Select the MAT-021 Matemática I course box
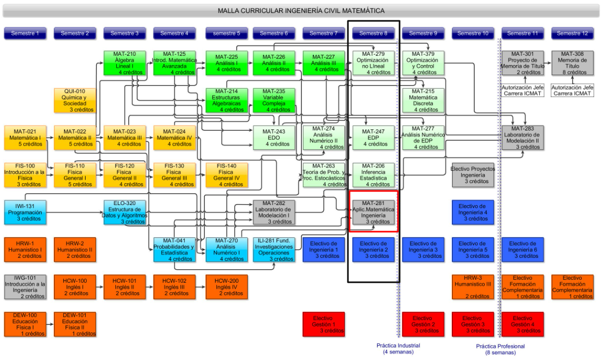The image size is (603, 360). pyautogui.click(x=25, y=138)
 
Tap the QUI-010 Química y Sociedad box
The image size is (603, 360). pyautogui.click(x=75, y=100)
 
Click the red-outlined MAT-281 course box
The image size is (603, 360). pyautogui.click(x=373, y=212)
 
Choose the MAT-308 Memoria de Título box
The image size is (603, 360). pyautogui.click(x=572, y=63)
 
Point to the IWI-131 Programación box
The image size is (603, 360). pyautogui.click(x=25, y=212)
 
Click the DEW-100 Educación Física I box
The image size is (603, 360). pyautogui.click(x=25, y=324)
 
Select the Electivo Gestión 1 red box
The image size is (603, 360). pyautogui.click(x=323, y=324)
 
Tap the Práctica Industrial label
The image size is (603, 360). pyautogui.click(x=398, y=349)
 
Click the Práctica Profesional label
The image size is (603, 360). pyautogui.click(x=500, y=349)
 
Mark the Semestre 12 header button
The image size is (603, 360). pyautogui.click(x=572, y=33)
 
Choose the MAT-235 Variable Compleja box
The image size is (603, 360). pyautogui.click(x=274, y=100)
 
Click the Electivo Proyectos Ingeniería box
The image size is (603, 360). pyautogui.click(x=473, y=175)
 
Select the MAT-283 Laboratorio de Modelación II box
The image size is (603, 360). pyautogui.click(x=522, y=138)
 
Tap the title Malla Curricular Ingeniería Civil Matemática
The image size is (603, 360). pyautogui.click(x=301, y=10)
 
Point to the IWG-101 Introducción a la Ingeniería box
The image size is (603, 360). pyautogui.click(x=25, y=287)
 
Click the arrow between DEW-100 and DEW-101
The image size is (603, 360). pyautogui.click(x=50, y=324)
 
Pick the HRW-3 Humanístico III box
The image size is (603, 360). pyautogui.click(x=473, y=287)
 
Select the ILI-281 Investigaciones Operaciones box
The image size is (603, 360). pyautogui.click(x=274, y=249)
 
